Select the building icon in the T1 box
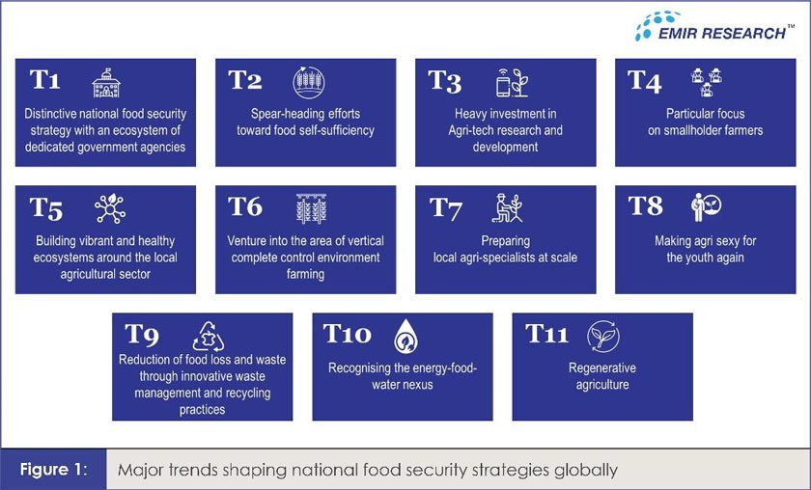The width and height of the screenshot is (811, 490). [x=107, y=83]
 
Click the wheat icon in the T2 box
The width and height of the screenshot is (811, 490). [x=308, y=82]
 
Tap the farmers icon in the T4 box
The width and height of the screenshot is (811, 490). [x=707, y=83]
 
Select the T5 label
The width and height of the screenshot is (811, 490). [x=45, y=207]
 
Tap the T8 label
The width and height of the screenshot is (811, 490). [x=645, y=205]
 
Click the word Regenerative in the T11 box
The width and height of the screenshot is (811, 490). [x=602, y=368]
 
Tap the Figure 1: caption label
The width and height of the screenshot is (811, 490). [x=55, y=470]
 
